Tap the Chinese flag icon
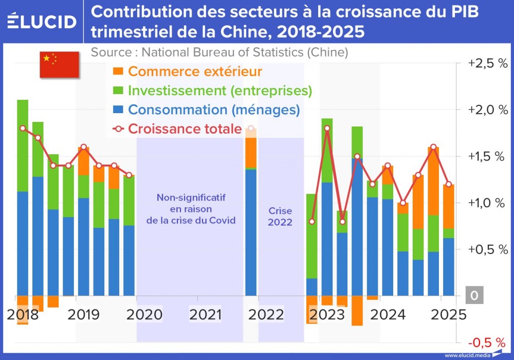click(x=59, y=64)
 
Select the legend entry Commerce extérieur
click(x=195, y=71)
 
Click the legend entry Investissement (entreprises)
click(x=220, y=91)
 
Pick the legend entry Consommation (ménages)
click(x=214, y=110)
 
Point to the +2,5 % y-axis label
click(x=487, y=64)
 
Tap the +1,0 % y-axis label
click(x=487, y=203)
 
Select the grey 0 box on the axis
click(x=474, y=296)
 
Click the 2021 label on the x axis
click(x=205, y=314)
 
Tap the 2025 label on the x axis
click(x=445, y=314)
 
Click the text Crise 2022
click(x=280, y=217)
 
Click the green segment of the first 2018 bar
click(x=23, y=145)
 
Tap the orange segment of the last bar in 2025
click(x=449, y=206)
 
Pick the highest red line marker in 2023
click(x=327, y=128)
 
